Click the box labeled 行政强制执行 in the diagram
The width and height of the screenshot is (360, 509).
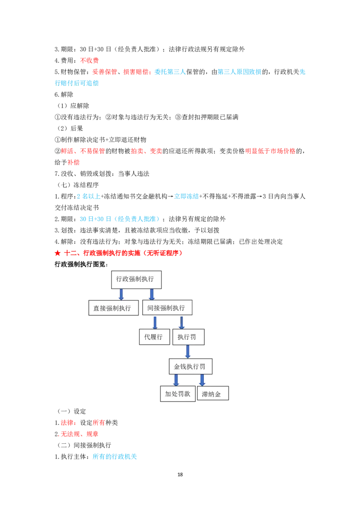pyautogui.click(x=136, y=280)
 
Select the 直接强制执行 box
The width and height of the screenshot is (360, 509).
pyautogui.click(x=113, y=308)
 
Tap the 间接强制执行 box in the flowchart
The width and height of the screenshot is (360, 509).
pyautogui.click(x=167, y=308)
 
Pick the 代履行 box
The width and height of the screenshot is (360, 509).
pyautogui.click(x=154, y=337)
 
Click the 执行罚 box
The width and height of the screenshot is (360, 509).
pyautogui.click(x=189, y=337)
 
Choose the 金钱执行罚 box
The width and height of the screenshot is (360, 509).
pyautogui.click(x=191, y=366)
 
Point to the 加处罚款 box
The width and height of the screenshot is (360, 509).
pyautogui.click(x=178, y=394)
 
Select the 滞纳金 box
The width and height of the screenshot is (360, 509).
pyautogui.click(x=213, y=393)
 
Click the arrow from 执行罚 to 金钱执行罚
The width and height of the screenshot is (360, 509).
pyautogui.click(x=188, y=352)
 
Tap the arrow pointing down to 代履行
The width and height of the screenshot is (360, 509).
pyautogui.click(x=155, y=322)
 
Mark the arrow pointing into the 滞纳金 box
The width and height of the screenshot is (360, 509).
pyautogui.click(x=202, y=380)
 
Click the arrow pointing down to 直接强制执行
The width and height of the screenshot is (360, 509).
pyautogui.click(x=121, y=294)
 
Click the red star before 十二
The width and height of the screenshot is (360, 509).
pyautogui.click(x=58, y=253)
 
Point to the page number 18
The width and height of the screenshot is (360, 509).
pyautogui.click(x=180, y=474)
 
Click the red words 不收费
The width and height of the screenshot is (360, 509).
pyautogui.click(x=90, y=60)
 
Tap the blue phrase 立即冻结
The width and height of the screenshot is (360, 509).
pyautogui.click(x=186, y=196)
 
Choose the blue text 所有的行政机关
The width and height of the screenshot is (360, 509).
pyautogui.click(x=115, y=456)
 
